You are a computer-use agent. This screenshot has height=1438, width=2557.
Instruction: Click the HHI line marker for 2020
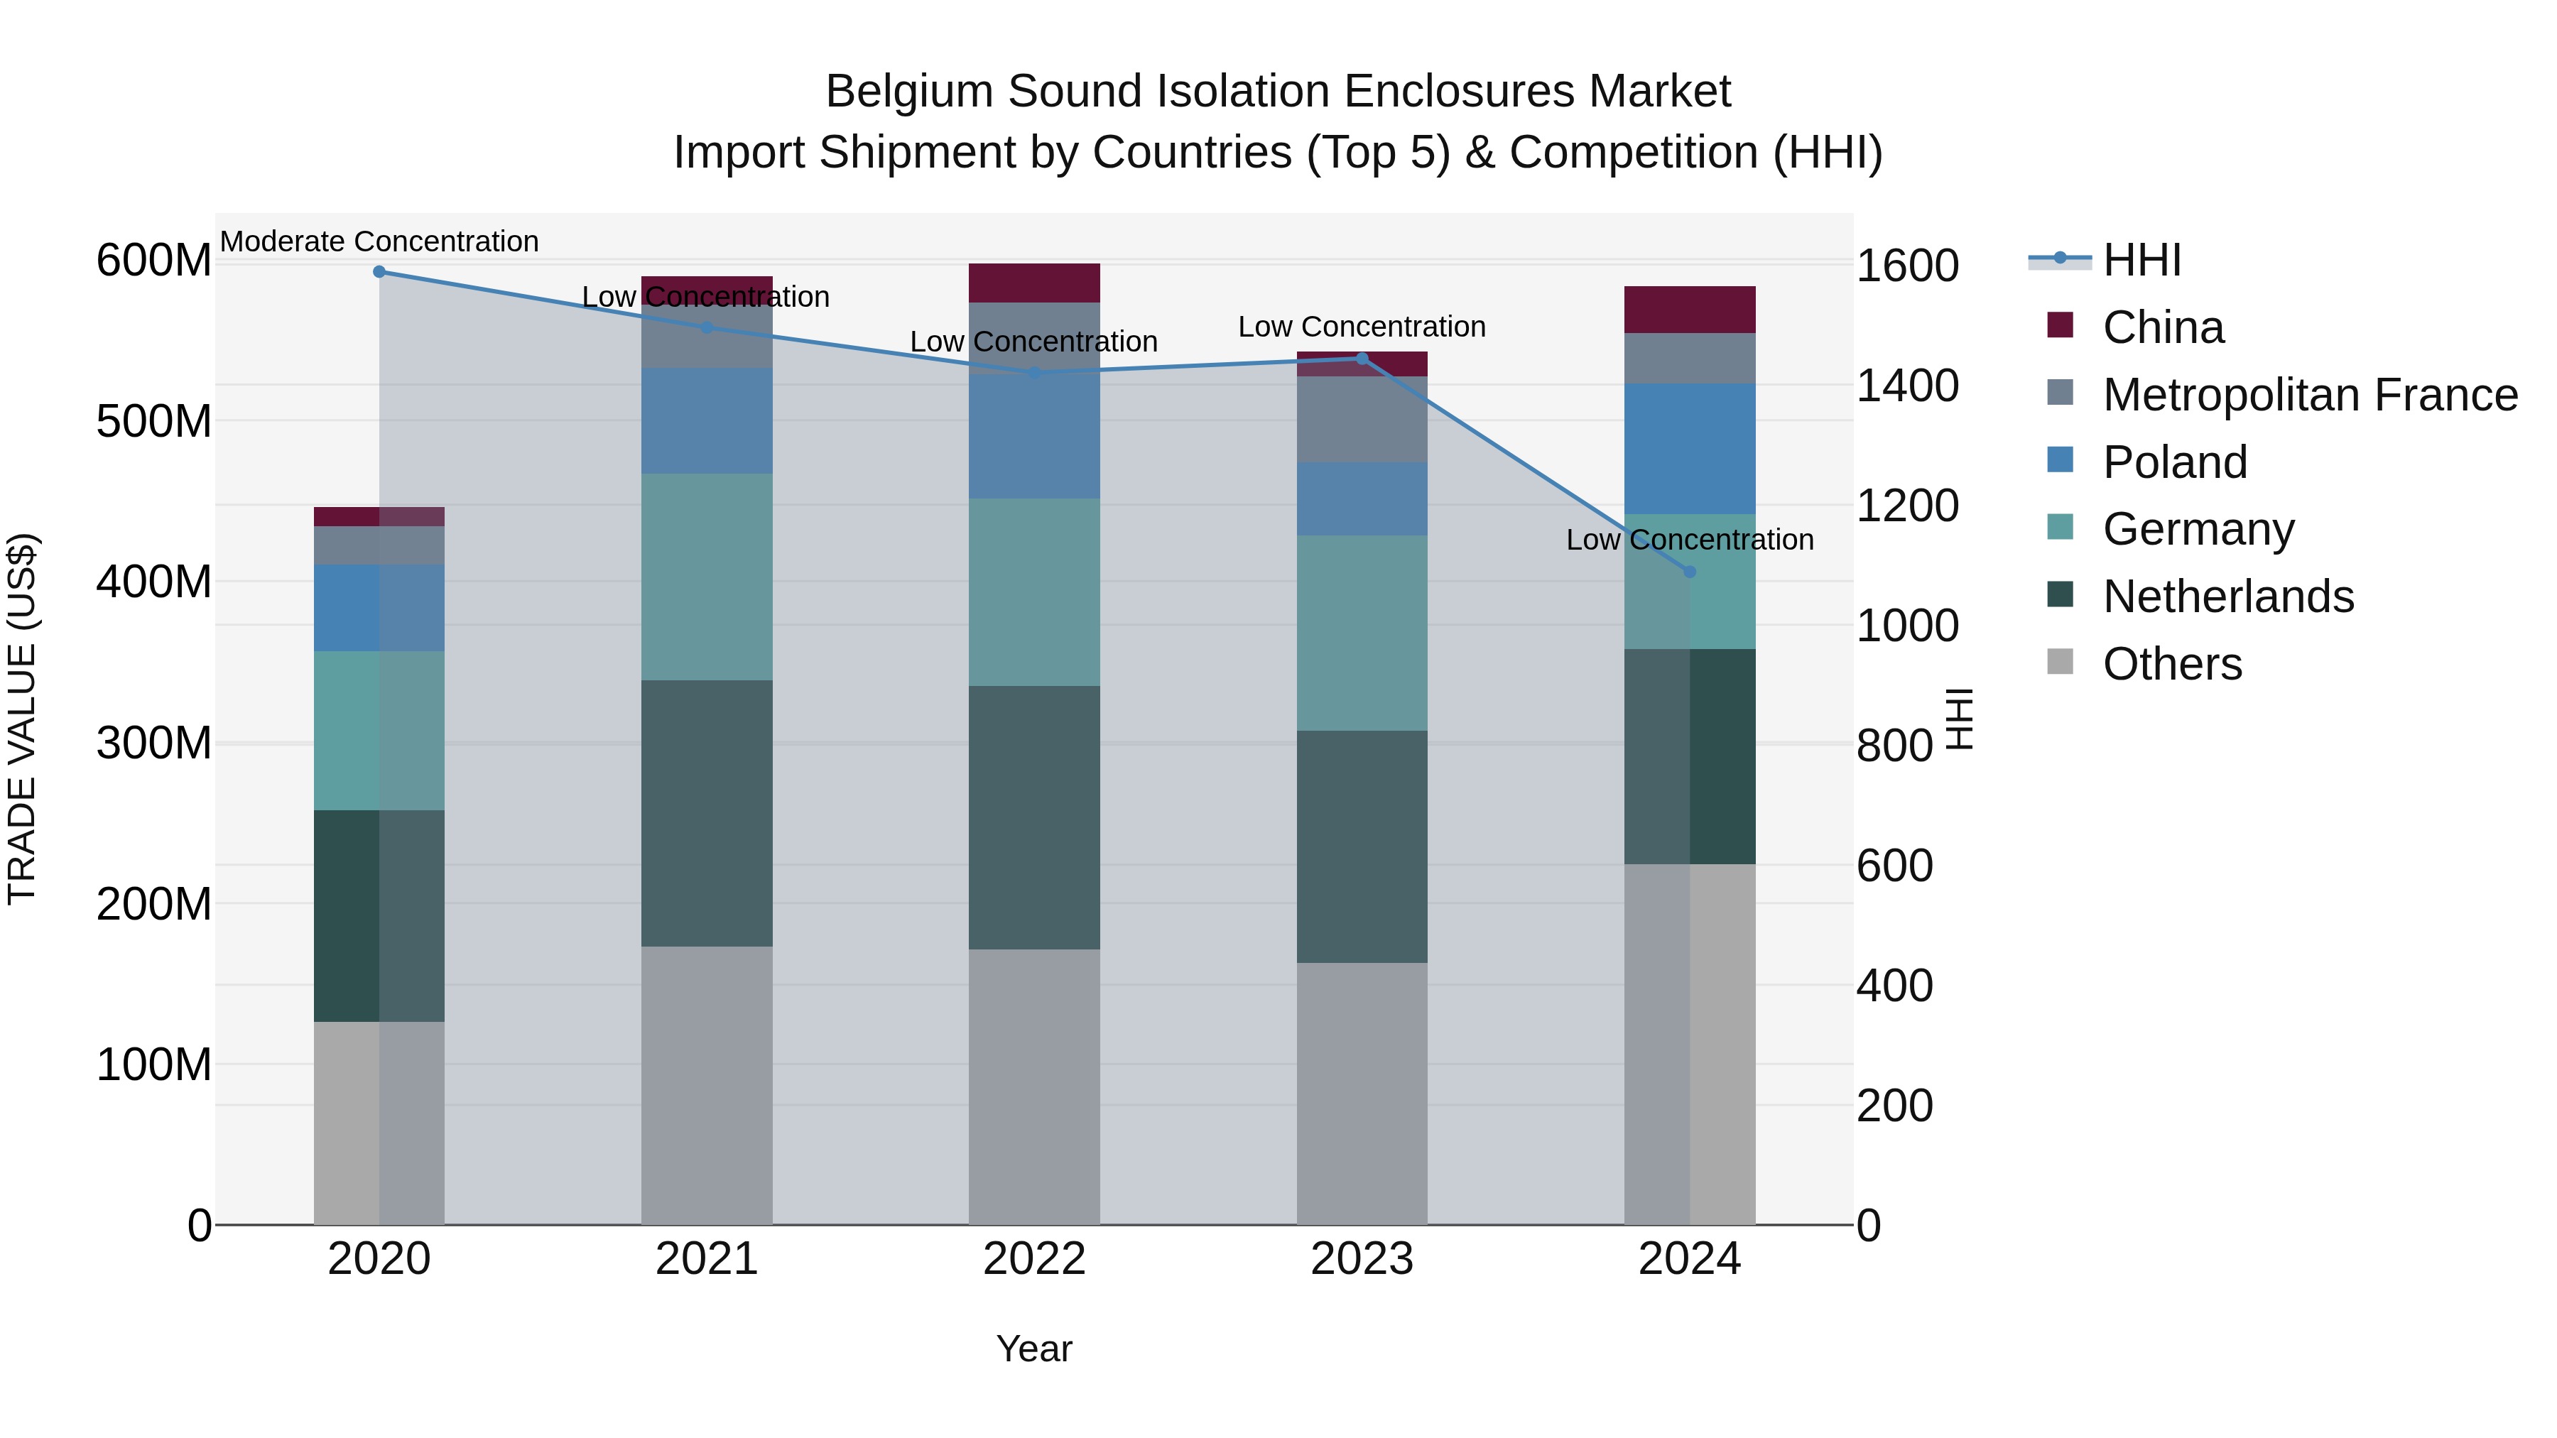coord(379,272)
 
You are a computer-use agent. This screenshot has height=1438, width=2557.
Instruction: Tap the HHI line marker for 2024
coord(1690,572)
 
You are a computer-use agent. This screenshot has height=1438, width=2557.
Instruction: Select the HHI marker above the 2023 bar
coord(1362,359)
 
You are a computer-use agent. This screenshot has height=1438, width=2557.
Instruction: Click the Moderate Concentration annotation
coord(379,241)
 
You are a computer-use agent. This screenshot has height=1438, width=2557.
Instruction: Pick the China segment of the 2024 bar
coord(1690,310)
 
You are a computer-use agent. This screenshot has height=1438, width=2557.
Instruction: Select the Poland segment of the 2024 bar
coord(1690,449)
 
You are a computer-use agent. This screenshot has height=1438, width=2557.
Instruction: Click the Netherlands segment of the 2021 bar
coord(707,813)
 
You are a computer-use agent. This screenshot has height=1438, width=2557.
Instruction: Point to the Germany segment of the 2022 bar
coord(1034,592)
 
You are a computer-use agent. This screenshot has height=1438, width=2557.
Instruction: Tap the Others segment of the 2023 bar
coord(1362,1093)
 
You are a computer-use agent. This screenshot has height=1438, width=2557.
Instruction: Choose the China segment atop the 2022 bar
coord(1034,283)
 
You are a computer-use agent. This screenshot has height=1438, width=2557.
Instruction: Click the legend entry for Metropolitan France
coord(2309,395)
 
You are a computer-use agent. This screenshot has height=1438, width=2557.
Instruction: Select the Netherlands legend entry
coord(2227,597)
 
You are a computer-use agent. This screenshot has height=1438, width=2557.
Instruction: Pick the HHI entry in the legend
coord(2141,260)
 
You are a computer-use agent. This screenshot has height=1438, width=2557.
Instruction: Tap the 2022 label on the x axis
coord(1034,1259)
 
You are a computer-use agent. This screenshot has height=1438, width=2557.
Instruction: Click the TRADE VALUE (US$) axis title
coord(22,719)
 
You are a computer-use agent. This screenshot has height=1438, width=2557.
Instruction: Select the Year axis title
coord(1034,1349)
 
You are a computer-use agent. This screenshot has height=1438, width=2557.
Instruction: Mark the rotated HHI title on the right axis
coord(1958,719)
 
